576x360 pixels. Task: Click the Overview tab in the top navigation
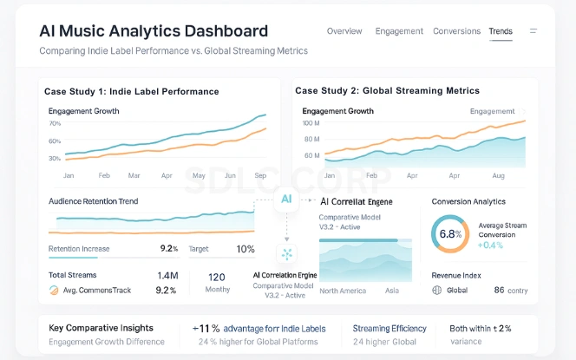(344, 31)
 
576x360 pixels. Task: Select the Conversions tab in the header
(456, 31)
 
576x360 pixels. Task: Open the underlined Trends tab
(501, 31)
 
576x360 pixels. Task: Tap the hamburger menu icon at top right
(533, 31)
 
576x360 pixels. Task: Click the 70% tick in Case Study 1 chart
(55, 124)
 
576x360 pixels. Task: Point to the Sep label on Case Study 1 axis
(260, 175)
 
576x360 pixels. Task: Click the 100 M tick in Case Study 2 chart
(312, 123)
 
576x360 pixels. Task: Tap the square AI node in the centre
(286, 199)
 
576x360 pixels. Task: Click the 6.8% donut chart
(449, 234)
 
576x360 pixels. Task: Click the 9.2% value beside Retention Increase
(169, 249)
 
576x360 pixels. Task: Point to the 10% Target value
(245, 249)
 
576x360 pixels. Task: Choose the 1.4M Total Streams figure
(167, 275)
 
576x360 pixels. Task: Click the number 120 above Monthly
(217, 278)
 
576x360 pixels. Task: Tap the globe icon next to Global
(437, 291)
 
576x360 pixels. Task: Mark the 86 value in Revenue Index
(499, 291)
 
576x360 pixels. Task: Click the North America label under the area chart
(342, 291)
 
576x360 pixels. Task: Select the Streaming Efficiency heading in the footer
(389, 329)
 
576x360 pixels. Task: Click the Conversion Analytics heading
(469, 201)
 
